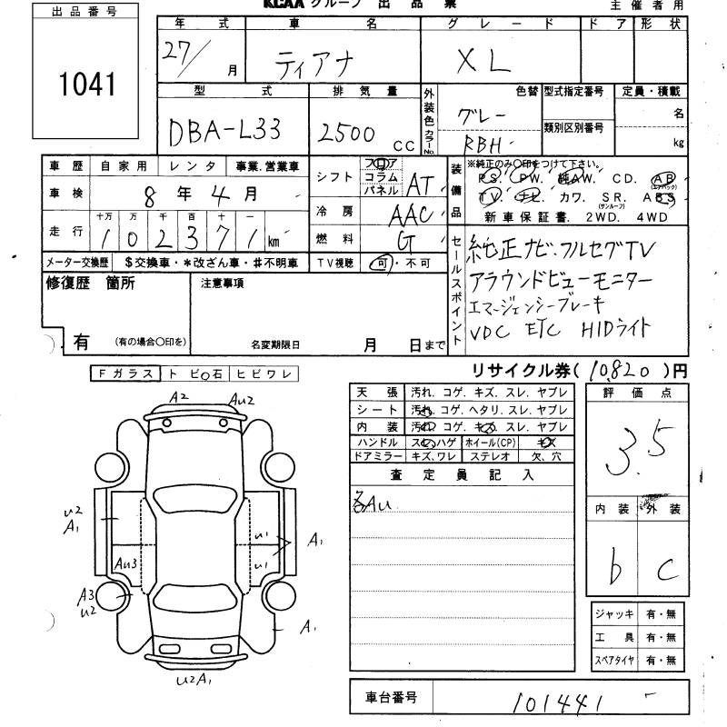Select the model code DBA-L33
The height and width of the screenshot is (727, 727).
coord(224,133)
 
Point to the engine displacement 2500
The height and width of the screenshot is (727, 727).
coord(346,134)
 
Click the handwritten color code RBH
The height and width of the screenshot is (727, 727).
coord(487,144)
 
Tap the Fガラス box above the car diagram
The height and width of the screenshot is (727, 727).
coord(124,374)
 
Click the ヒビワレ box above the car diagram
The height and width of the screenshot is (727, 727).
coord(264,374)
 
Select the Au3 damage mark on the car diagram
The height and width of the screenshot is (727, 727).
coord(126,563)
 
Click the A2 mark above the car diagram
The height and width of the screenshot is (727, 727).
coord(178,395)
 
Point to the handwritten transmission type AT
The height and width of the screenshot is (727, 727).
coord(418,185)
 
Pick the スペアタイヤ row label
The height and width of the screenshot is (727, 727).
coord(614,661)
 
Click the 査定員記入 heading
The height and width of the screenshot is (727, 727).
coord(462,474)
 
